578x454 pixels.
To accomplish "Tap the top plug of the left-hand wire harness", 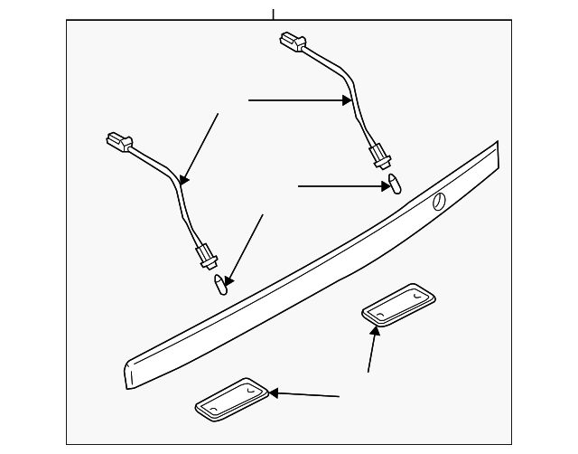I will [118, 143].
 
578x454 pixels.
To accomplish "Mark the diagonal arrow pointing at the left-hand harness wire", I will [200, 147].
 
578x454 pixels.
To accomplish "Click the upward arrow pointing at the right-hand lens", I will [372, 349].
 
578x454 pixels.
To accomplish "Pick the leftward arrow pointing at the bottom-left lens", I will [304, 394].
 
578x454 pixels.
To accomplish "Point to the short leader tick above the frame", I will [272, 14].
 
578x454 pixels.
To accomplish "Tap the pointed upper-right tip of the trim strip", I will [496, 145].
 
